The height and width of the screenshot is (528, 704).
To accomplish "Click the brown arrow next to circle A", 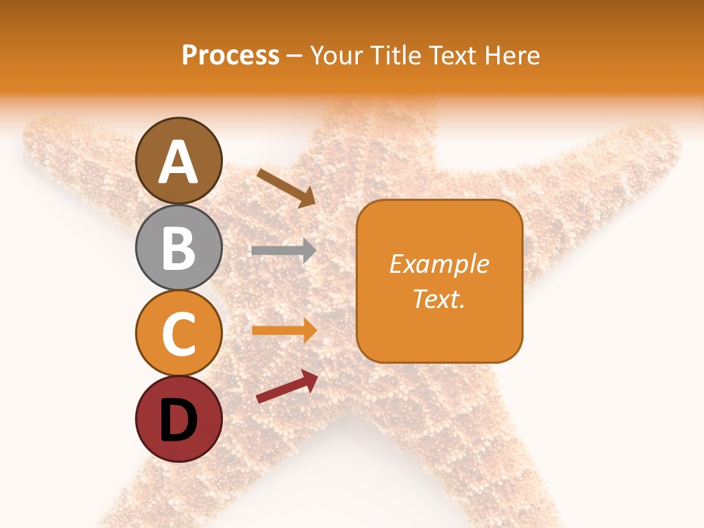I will [x=287, y=188].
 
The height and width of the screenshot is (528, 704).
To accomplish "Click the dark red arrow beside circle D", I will [x=287, y=386].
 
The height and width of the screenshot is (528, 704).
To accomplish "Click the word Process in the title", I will [x=230, y=55].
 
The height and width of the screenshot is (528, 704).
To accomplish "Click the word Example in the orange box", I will [x=439, y=264].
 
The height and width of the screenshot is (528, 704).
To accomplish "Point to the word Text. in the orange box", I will [x=439, y=298].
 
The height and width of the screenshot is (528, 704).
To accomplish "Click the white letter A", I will [x=178, y=162].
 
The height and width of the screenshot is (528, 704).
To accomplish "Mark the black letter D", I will [x=178, y=420].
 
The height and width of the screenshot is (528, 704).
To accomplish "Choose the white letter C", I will [x=178, y=334].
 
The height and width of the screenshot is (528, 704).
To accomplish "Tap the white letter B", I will [x=178, y=247].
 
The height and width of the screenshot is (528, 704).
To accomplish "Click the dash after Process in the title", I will [x=295, y=56].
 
